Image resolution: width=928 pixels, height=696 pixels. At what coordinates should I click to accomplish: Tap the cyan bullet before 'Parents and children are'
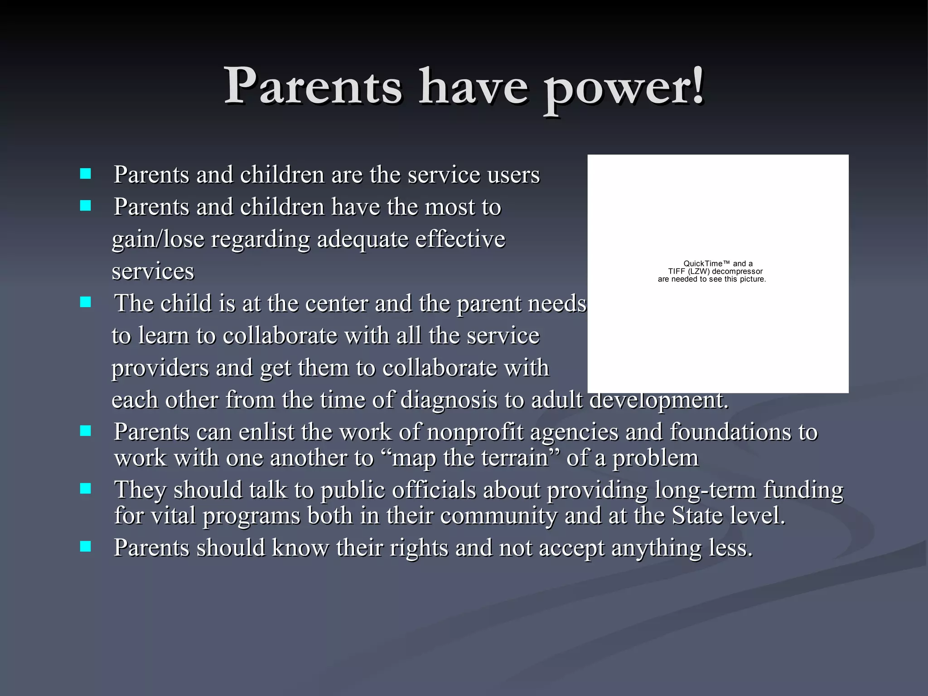[85, 174]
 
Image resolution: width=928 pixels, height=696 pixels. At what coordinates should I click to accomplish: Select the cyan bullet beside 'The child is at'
[85, 302]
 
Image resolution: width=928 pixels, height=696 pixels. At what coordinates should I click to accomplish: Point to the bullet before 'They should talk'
[85, 488]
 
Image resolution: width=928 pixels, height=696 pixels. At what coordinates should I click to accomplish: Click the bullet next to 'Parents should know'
[85, 546]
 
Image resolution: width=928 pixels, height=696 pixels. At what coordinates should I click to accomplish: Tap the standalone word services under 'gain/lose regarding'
[153, 272]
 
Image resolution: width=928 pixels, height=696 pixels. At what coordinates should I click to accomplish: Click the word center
[338, 304]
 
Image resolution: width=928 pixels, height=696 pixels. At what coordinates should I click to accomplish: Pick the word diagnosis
[449, 400]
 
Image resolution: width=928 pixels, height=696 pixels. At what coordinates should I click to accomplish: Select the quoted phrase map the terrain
[471, 458]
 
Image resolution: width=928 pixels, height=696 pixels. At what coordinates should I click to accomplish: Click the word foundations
[734, 432]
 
